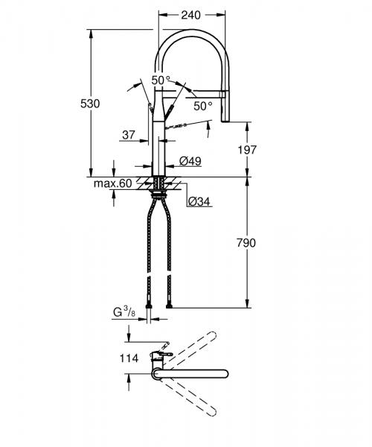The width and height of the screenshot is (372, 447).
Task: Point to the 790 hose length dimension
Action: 246,243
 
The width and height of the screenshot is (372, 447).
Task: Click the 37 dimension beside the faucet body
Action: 128,135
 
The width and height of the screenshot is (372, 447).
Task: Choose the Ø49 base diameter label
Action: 191,161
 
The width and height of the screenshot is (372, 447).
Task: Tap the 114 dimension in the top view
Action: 129,358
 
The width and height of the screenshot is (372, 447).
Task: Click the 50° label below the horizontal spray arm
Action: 202,106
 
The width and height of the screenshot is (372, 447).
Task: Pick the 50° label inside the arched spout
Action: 161,80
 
